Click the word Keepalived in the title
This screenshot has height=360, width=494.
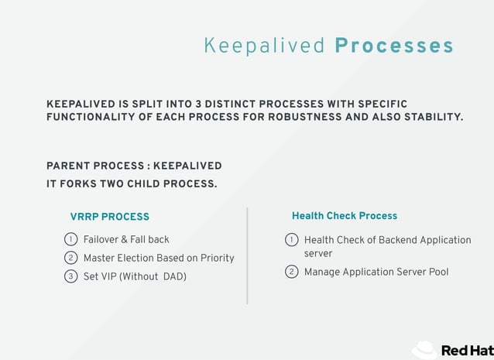point(264,46)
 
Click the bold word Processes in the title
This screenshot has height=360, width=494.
point(394,46)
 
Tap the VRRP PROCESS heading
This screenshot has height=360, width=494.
point(109,217)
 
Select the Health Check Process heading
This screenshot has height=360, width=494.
point(344,216)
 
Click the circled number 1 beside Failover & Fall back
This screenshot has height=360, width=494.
point(70,239)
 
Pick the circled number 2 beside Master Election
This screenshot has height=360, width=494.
point(70,258)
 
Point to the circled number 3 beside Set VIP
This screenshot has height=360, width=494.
point(70,276)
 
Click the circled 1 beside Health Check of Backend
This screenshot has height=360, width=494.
point(292,240)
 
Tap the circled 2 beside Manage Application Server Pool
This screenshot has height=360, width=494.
point(292,272)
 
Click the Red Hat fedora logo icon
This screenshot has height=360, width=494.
point(425,350)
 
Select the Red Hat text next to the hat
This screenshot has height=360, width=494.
point(467,351)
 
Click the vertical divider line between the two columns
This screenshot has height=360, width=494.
point(247,255)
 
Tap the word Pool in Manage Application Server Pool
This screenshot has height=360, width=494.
point(436,272)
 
